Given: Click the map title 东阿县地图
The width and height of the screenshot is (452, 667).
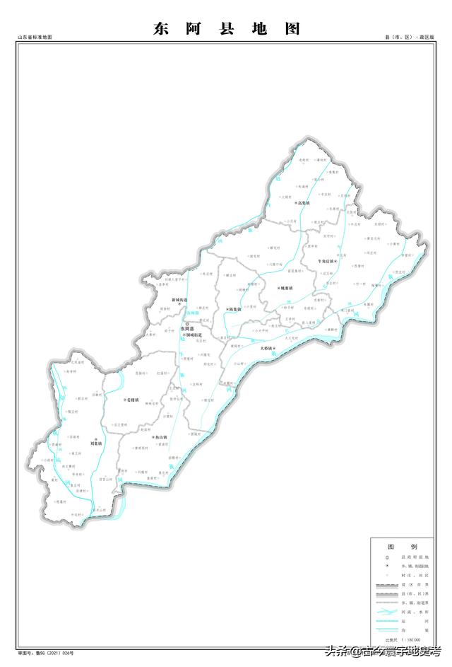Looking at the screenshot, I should (226, 29).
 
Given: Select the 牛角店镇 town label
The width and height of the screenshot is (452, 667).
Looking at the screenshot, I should (325, 261).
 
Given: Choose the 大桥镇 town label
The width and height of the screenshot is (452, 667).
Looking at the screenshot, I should (266, 349).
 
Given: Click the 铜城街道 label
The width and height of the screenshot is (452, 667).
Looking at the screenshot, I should (193, 335).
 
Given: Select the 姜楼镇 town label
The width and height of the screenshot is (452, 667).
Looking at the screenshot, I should (131, 400).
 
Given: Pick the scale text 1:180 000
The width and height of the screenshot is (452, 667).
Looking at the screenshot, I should (410, 639).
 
